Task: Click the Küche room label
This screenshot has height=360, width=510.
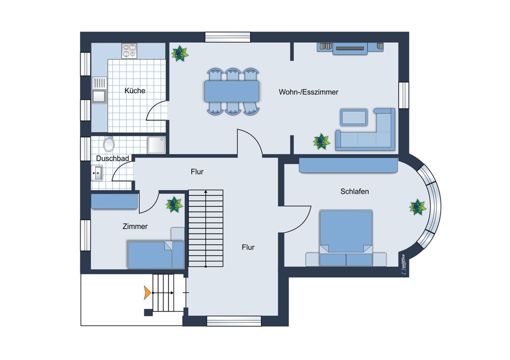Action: (x=135, y=91)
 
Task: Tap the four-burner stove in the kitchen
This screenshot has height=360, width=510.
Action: (x=129, y=50)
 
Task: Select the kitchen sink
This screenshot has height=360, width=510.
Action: (x=99, y=90)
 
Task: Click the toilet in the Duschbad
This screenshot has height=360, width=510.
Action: (x=109, y=144)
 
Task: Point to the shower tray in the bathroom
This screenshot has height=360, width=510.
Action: (x=157, y=145)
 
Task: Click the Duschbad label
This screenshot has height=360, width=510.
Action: (x=113, y=159)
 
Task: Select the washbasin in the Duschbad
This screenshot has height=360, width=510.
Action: (x=97, y=173)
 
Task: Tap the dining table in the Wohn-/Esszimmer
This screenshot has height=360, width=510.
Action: (x=232, y=91)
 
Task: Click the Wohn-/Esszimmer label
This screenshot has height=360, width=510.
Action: (x=309, y=92)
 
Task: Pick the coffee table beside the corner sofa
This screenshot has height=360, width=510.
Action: (x=354, y=117)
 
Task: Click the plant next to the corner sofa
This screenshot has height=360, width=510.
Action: (x=321, y=141)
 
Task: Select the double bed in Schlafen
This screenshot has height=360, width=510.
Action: (x=346, y=238)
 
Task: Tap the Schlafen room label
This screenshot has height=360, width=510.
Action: (x=354, y=192)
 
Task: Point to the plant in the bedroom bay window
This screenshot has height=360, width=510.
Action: (x=418, y=207)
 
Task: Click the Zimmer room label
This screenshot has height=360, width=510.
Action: (x=135, y=226)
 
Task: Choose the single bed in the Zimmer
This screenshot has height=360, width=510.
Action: (x=156, y=255)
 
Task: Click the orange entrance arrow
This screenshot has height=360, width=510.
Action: (x=147, y=293)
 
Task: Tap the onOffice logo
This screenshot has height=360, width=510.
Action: (x=403, y=264)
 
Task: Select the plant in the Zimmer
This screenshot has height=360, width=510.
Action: (x=174, y=204)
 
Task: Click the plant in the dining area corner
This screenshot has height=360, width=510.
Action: (x=180, y=54)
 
